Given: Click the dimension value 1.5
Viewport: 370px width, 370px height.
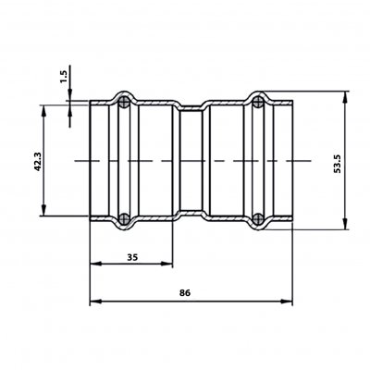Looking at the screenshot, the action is (64, 76).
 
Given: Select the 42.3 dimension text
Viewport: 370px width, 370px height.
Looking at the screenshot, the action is (38, 161).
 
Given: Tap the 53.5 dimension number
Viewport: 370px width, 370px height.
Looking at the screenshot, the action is (338, 164).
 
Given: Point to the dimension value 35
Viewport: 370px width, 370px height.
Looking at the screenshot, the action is (132, 257).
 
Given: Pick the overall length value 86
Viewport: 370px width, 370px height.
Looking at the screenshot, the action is (185, 292).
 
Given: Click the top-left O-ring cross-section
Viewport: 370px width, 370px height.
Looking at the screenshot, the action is (124, 102).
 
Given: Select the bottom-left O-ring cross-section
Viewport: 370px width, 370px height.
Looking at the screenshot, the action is (124, 219).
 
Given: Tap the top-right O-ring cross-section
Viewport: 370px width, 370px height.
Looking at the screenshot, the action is (258, 102).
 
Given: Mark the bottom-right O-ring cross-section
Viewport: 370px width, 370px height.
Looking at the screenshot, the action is (258, 219).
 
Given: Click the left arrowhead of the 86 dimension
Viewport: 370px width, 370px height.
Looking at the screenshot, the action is (95, 302).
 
